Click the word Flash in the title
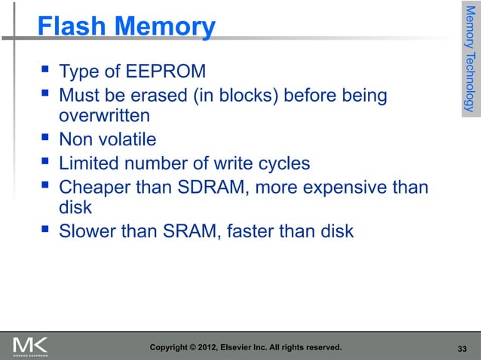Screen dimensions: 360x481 tap(72, 27)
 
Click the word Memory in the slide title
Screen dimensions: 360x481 tap(164, 27)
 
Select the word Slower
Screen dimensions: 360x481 tap(88, 231)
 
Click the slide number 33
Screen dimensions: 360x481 tap(463, 348)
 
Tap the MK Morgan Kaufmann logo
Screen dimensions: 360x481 tap(31, 346)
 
